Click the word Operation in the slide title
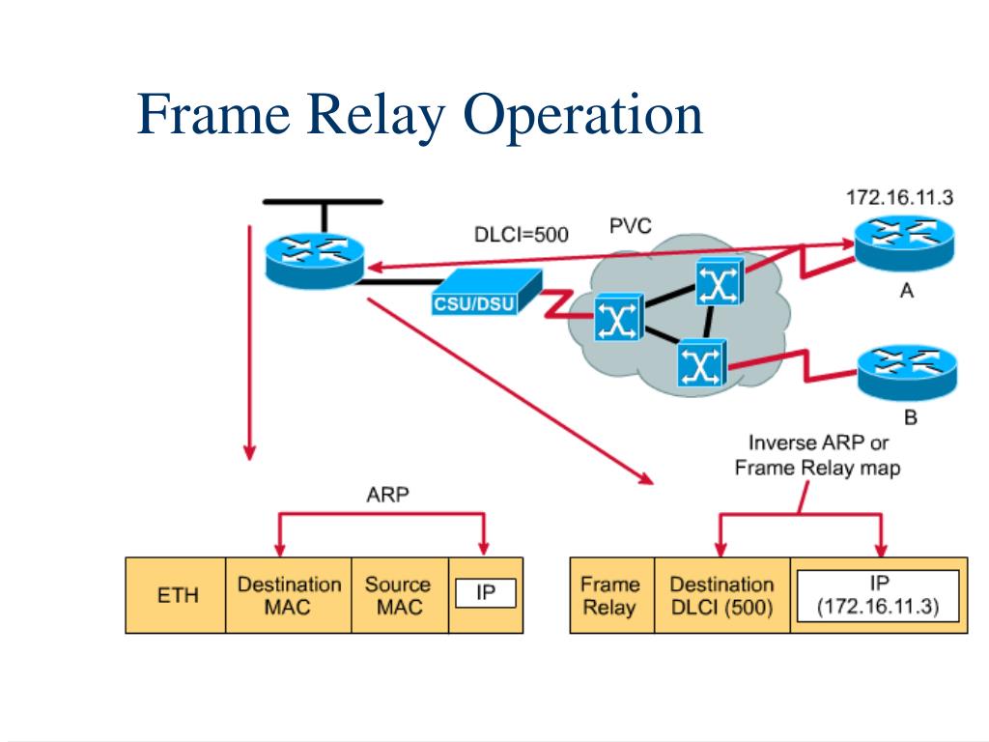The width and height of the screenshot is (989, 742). pos(582,116)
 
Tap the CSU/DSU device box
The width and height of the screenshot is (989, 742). pos(486,292)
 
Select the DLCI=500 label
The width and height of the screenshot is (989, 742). pos(521,235)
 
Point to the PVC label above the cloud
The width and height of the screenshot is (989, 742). pos(630,226)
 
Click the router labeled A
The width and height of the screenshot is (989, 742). pos(904,244)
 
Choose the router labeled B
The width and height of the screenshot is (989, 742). pos(908,373)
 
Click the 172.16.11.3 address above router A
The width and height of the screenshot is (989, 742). pos(899,197)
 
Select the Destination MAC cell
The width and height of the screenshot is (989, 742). pos(288,595)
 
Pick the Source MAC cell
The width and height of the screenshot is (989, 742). pos(399,595)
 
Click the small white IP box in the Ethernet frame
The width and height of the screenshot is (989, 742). pos(486,593)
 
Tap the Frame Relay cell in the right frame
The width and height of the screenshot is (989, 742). pos(611,595)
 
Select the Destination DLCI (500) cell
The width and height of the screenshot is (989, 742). pos(722,595)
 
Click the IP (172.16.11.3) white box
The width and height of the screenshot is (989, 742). pos(878,595)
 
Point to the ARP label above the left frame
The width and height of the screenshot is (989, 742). pos(387,495)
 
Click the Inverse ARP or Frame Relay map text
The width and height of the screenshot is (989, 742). pos(817,456)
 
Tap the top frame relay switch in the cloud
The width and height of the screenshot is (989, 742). pos(720,282)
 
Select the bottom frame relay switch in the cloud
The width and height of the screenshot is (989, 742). pos(702,363)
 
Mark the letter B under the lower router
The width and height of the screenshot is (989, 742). pos(910,417)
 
